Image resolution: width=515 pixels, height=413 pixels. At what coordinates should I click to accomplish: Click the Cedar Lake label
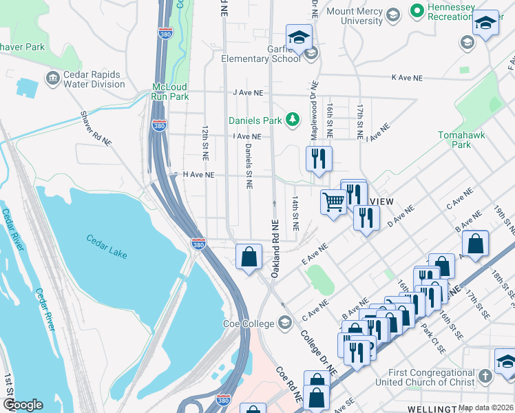(x=107, y=246)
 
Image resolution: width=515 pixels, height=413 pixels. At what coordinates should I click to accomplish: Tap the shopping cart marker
(x=334, y=202)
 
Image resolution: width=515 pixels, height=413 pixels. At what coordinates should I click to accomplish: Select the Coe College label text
(x=249, y=323)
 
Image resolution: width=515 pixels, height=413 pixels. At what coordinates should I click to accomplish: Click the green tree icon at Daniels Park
(x=293, y=120)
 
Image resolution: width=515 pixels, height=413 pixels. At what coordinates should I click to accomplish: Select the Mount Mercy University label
(x=354, y=16)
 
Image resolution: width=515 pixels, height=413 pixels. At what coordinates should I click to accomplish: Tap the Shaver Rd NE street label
(x=96, y=129)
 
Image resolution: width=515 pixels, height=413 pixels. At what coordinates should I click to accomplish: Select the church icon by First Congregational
(x=485, y=377)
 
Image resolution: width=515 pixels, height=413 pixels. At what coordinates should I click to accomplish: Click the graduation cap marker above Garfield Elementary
(x=299, y=36)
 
